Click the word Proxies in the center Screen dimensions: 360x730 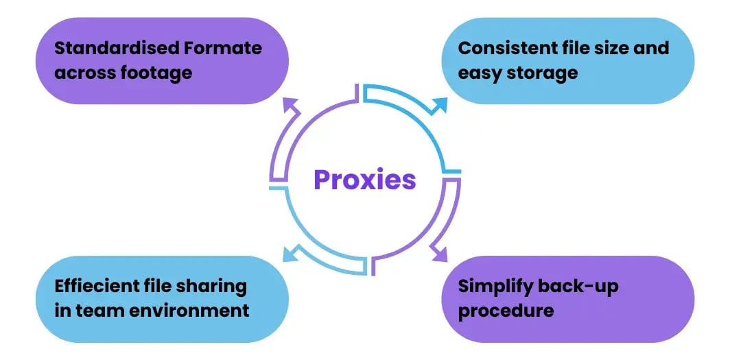point(364,180)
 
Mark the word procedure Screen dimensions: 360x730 point(506,311)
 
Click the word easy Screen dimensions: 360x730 point(480,73)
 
